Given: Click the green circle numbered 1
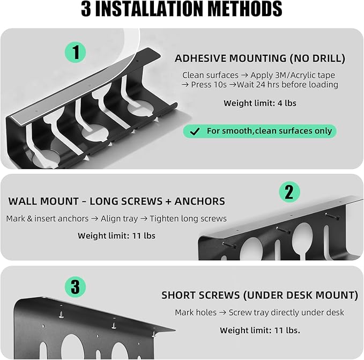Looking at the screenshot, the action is pyautogui.click(x=75, y=52).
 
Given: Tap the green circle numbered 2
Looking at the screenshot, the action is pyautogui.click(x=289, y=192).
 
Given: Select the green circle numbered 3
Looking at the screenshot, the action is pyautogui.click(x=75, y=287).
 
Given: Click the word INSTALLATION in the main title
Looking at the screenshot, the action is pyautogui.click(x=149, y=9).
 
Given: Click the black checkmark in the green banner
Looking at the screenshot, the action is pyautogui.click(x=195, y=131).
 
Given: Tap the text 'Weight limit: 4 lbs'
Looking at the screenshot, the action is pyautogui.click(x=260, y=103).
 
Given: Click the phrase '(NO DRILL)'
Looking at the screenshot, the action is pyautogui.click(x=317, y=58).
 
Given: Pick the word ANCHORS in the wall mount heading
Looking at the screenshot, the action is pyautogui.click(x=199, y=201).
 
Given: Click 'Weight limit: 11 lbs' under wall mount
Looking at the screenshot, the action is pyautogui.click(x=116, y=236).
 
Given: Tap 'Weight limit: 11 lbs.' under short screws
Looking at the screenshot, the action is pyautogui.click(x=260, y=330).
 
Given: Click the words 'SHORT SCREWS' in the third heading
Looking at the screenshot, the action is pyautogui.click(x=200, y=295).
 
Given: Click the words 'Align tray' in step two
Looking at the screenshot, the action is pyautogui.click(x=119, y=218).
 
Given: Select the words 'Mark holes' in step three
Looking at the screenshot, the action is pyautogui.click(x=196, y=312).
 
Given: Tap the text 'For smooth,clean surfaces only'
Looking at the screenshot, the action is pyautogui.click(x=269, y=131).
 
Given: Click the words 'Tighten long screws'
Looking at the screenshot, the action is pyautogui.click(x=188, y=218).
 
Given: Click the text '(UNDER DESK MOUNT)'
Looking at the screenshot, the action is pyautogui.click(x=301, y=295).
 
